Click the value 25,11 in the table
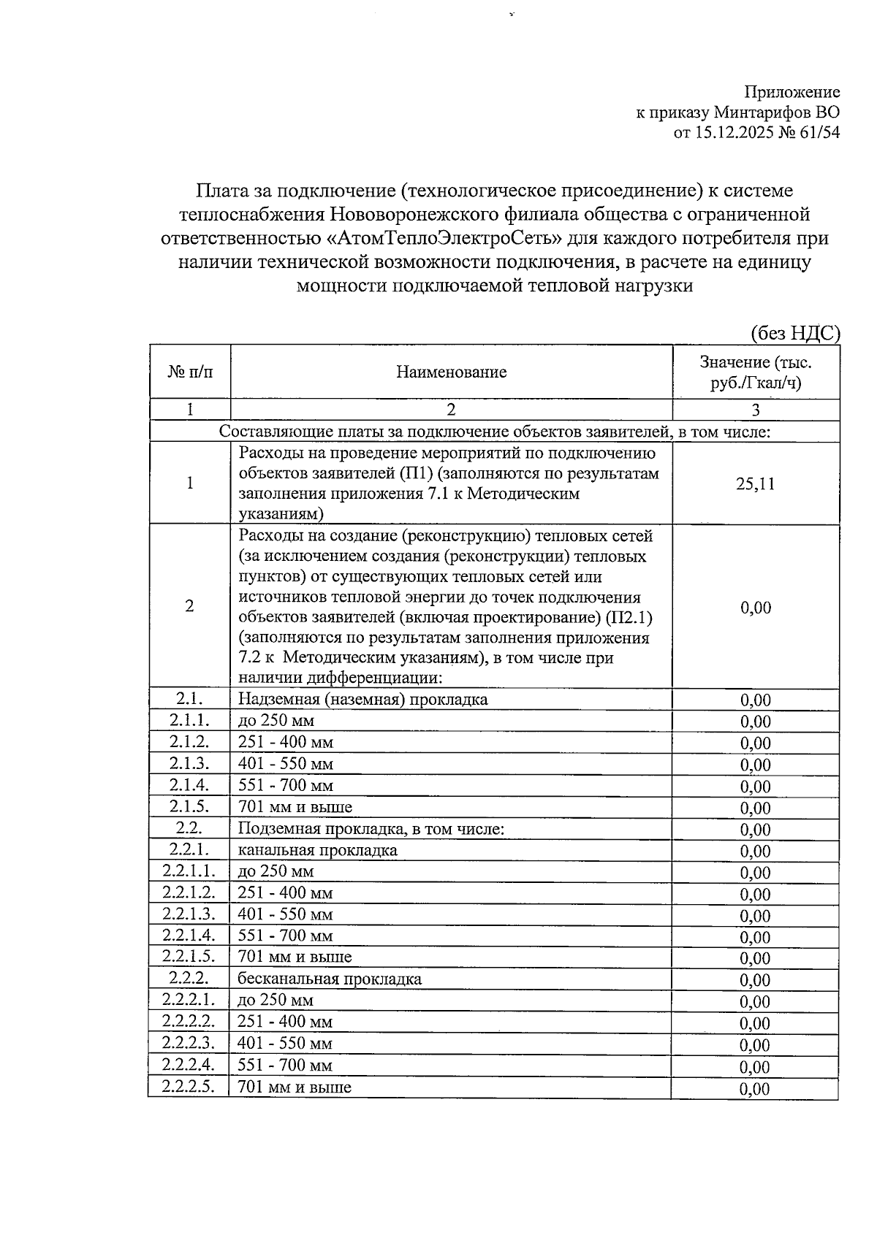tap(755, 484)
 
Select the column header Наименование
tap(451, 372)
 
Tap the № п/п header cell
tap(190, 372)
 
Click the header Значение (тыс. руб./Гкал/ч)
tap(755, 372)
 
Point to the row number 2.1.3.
tap(189, 763)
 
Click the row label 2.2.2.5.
tap(189, 1087)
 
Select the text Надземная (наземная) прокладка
tap(362, 700)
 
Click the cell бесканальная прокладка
tap(330, 979)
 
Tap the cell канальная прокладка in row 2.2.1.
tap(318, 850)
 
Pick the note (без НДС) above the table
tap(796, 333)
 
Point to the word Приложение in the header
tap(791, 92)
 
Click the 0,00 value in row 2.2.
tap(755, 830)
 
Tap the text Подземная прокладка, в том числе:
tap(371, 829)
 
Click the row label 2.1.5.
tap(189, 806)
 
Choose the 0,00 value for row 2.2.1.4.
tap(755, 937)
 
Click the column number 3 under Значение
tap(755, 410)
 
